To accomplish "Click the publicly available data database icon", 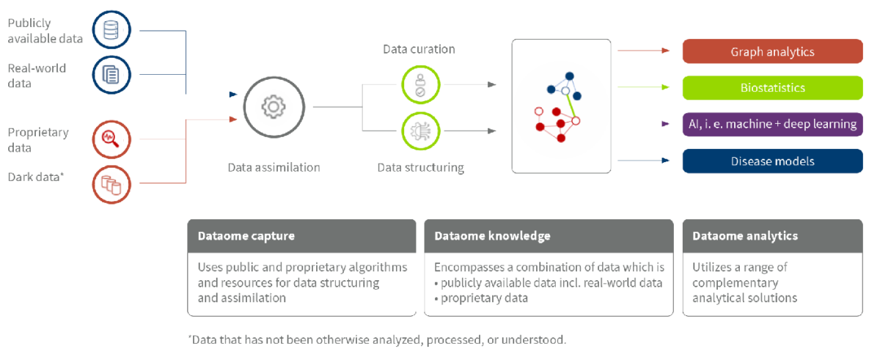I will click(111, 31).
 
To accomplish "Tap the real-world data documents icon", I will click(111, 75).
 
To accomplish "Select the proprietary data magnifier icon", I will click(111, 139).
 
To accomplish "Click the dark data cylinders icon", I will click(111, 183).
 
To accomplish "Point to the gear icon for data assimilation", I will click(273, 107).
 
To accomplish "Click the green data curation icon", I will click(419, 84).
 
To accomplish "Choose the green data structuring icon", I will click(419, 131).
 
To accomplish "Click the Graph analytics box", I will click(772, 51).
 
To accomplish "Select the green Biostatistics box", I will click(772, 87).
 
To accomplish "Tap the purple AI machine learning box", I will click(772, 124).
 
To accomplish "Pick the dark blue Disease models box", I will click(772, 161).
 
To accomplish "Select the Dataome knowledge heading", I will click(492, 236).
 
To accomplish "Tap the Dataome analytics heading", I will click(745, 236).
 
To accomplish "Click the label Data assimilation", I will click(274, 167).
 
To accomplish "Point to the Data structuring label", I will click(420, 167).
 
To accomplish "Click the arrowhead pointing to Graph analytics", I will click(666, 51).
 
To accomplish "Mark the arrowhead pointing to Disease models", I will click(666, 160).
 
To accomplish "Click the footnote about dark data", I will click(377, 340).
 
